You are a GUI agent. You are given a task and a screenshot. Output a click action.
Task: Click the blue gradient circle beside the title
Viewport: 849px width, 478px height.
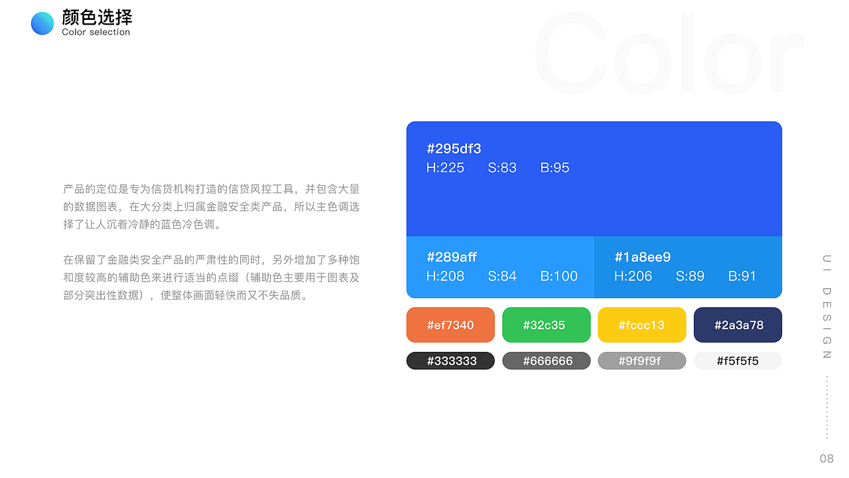pyautogui.click(x=42, y=23)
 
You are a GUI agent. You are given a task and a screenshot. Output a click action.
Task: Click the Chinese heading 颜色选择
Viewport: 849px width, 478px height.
pyautogui.click(x=97, y=17)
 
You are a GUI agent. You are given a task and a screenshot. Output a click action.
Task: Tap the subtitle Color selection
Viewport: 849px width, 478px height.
pyautogui.click(x=96, y=33)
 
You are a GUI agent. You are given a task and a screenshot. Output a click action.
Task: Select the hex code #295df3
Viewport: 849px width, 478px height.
pyautogui.click(x=454, y=149)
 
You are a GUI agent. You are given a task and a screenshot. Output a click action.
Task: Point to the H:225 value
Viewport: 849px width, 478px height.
pyautogui.click(x=445, y=168)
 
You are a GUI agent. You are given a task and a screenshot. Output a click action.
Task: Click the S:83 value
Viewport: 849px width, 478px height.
pyautogui.click(x=502, y=168)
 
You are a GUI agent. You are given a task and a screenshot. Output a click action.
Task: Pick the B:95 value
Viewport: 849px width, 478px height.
pyautogui.click(x=555, y=168)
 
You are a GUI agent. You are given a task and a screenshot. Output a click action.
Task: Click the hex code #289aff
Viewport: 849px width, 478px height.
pyautogui.click(x=452, y=257)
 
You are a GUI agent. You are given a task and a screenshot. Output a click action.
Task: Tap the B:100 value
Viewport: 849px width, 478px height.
pyautogui.click(x=558, y=276)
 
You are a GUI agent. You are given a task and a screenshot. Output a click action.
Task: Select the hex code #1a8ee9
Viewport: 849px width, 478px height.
pyautogui.click(x=643, y=257)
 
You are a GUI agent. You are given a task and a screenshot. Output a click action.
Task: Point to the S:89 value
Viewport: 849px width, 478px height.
pyautogui.click(x=690, y=276)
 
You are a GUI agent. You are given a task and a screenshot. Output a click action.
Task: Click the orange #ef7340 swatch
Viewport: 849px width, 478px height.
pyautogui.click(x=450, y=325)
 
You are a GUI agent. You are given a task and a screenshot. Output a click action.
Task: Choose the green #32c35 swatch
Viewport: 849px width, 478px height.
pyautogui.click(x=546, y=325)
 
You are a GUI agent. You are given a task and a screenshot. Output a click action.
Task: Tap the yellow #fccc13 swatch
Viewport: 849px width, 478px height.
pyautogui.click(x=641, y=325)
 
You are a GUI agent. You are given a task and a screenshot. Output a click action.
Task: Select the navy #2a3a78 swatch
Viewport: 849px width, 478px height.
pyautogui.click(x=738, y=325)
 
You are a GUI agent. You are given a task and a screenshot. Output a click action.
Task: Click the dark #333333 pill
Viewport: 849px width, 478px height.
pyautogui.click(x=450, y=360)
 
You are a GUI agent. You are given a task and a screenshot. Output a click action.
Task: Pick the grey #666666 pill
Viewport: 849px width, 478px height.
pyautogui.click(x=546, y=360)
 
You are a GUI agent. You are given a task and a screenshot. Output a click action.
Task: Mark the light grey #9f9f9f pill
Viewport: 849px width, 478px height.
pyautogui.click(x=641, y=360)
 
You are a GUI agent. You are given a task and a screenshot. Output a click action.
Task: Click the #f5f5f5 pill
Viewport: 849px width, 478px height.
pyautogui.click(x=738, y=360)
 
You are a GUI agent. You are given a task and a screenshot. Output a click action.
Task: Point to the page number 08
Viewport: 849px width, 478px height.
pyautogui.click(x=826, y=459)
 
